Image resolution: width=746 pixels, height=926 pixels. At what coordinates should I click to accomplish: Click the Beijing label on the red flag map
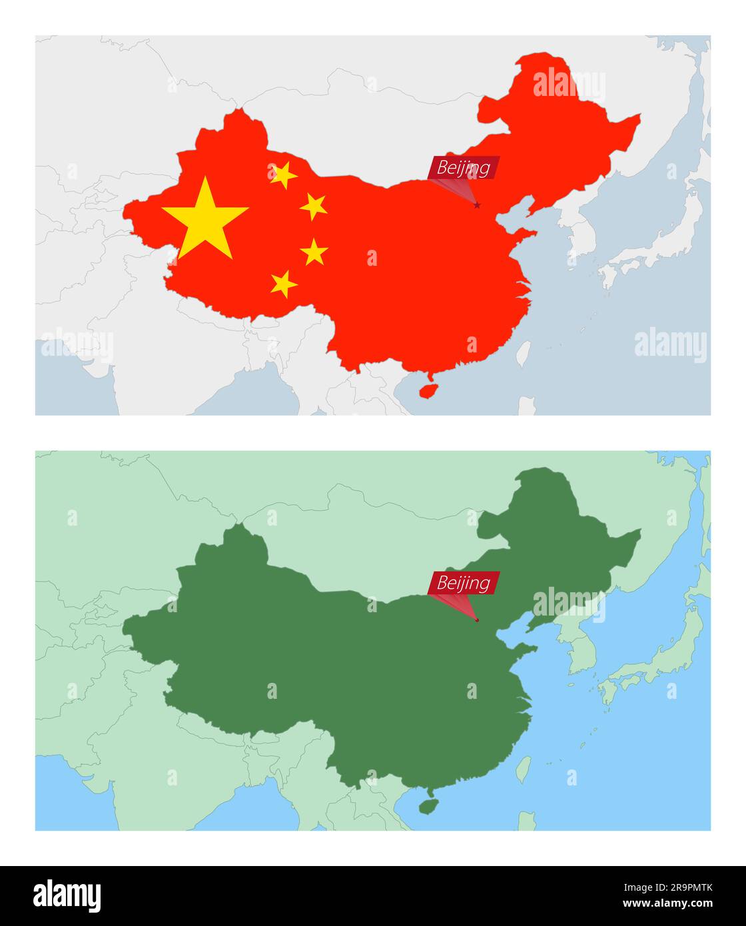click(x=464, y=168)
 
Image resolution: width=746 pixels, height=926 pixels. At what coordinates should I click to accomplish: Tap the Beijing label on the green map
click(x=464, y=584)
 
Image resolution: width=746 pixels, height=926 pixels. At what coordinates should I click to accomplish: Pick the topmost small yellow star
click(x=283, y=175)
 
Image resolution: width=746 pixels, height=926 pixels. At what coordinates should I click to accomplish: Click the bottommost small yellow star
click(x=284, y=284)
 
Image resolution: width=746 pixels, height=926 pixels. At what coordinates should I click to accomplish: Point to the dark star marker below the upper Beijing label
click(x=477, y=205)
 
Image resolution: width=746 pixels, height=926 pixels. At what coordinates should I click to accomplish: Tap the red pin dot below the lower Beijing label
click(x=477, y=620)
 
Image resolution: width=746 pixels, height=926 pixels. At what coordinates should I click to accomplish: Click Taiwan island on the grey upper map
click(x=524, y=354)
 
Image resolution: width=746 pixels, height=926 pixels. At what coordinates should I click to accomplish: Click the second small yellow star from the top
click(x=313, y=207)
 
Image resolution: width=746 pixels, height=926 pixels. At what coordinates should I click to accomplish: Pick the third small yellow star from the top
click(x=314, y=252)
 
